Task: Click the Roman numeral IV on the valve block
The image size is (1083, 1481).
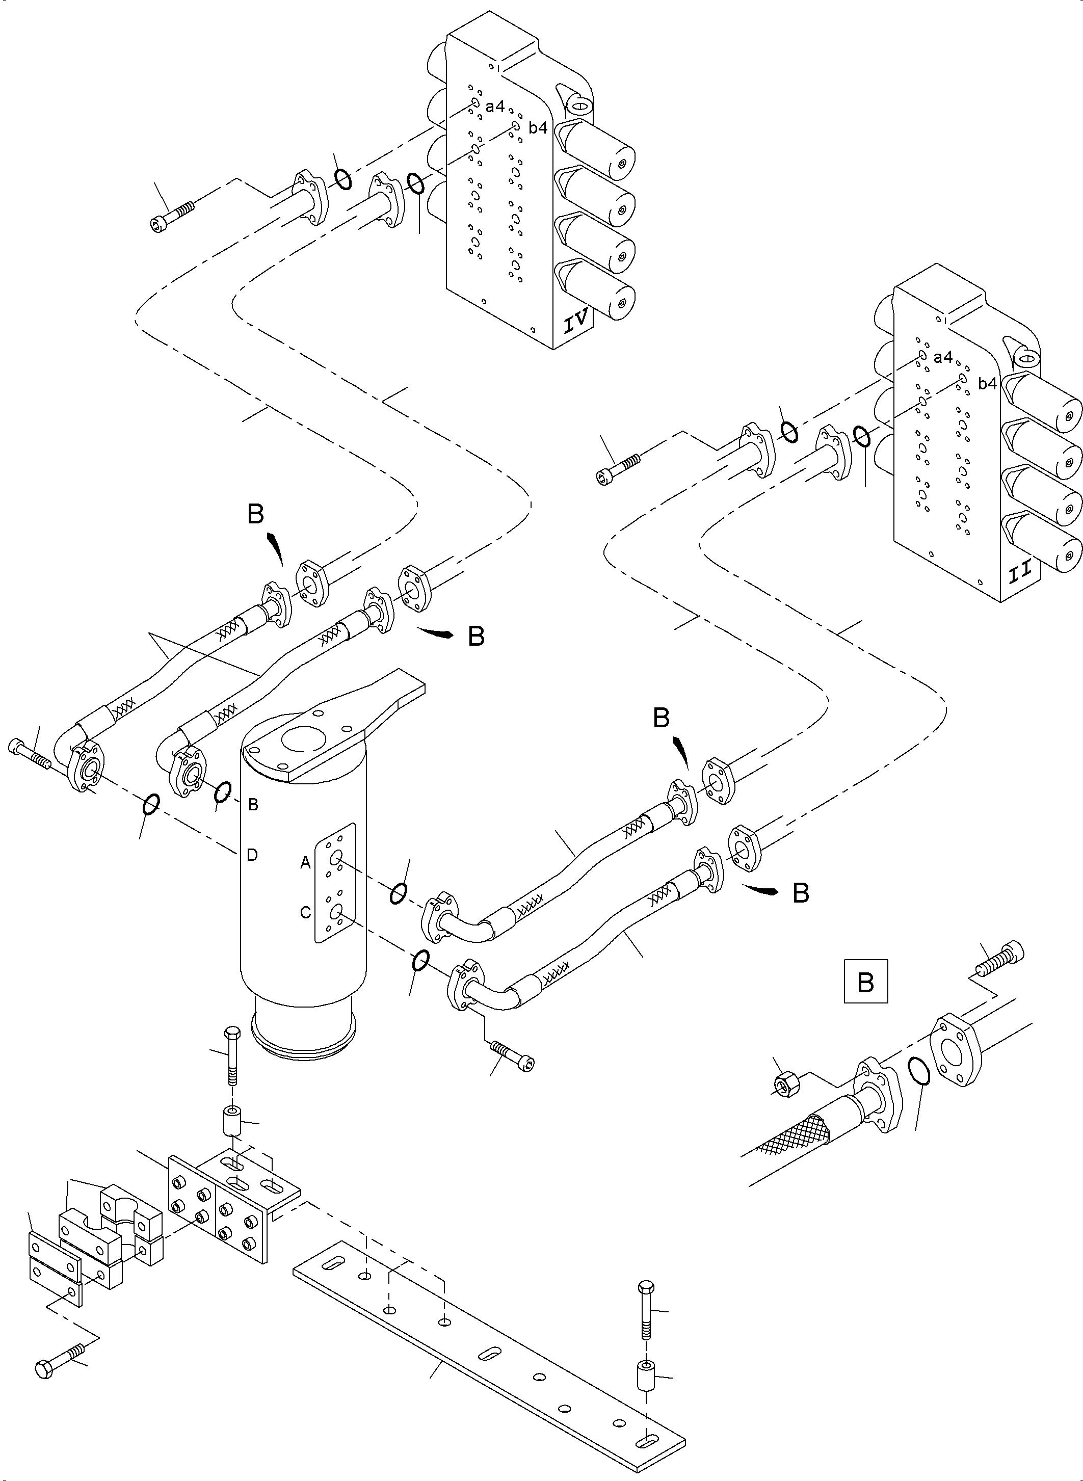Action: pos(577,322)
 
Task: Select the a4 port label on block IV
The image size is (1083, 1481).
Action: pos(495,106)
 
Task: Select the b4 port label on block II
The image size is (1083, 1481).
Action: pos(987,384)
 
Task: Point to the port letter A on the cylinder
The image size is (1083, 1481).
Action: pos(305,863)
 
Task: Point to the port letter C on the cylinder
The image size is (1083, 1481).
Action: pos(305,913)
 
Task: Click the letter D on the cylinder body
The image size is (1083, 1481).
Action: pos(252,855)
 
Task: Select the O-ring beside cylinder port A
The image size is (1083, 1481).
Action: pos(398,893)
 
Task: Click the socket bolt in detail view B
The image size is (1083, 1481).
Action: pos(1000,962)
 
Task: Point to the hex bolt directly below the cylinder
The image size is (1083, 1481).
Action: pos(232,1057)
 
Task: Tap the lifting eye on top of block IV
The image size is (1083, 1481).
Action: pos(577,105)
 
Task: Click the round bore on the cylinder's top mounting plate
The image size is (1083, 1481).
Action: pos(301,739)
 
